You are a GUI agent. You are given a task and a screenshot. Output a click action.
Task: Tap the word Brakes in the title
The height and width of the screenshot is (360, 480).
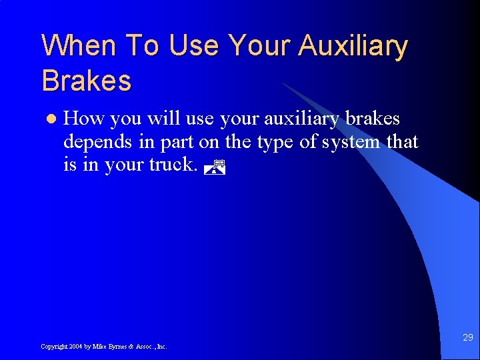[87, 81]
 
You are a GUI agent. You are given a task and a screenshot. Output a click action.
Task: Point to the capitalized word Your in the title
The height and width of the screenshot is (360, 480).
[260, 47]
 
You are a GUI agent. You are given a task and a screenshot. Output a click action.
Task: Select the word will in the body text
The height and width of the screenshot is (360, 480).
[161, 119]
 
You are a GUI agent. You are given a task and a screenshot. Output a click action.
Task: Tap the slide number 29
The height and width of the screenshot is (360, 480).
[467, 338]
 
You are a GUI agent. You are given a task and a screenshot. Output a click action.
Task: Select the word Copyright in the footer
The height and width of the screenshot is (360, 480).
[53, 347]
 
